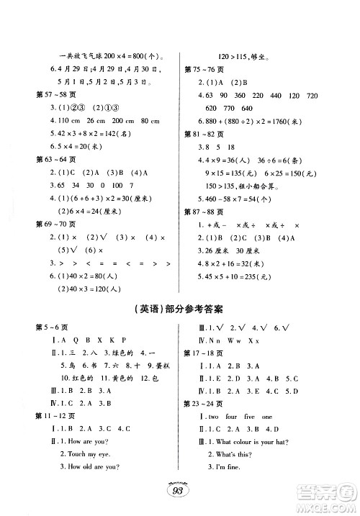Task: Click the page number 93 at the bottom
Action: pyautogui.click(x=179, y=492)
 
